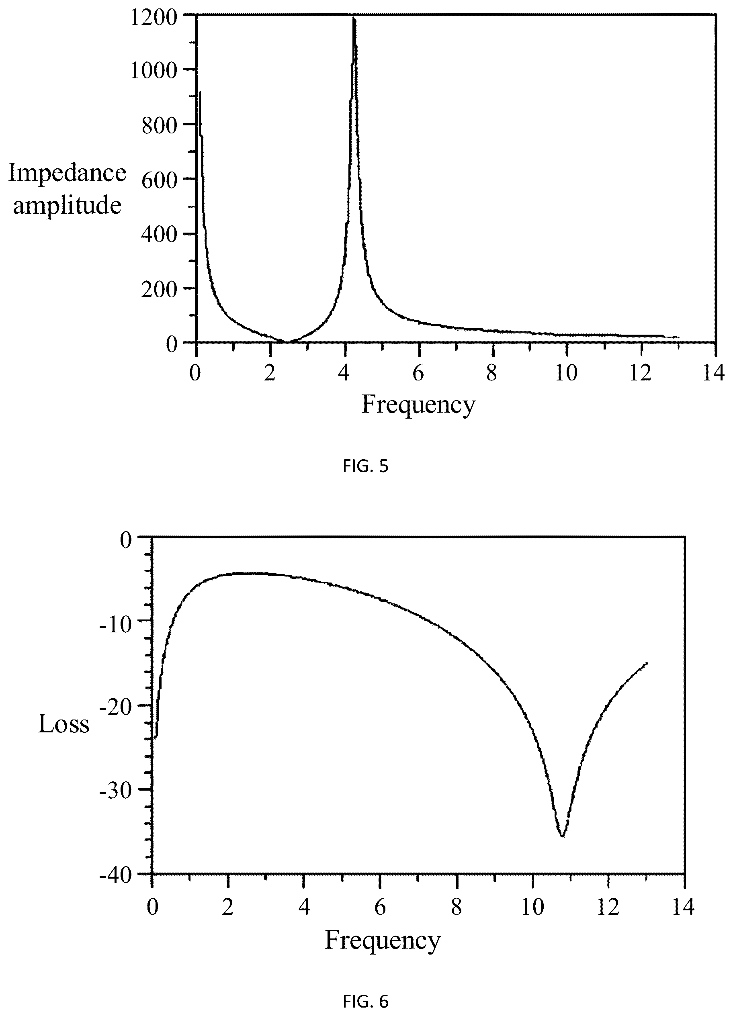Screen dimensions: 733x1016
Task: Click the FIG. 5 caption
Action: coord(366,466)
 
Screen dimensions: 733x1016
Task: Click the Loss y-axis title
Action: coord(64,724)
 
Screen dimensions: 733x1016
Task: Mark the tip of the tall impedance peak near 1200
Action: coord(354,18)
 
